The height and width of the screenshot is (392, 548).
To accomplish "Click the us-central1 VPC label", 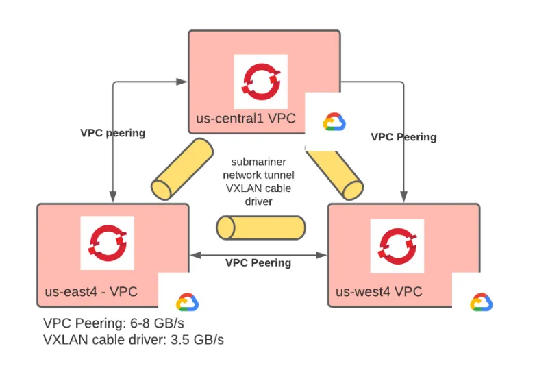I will click(x=246, y=118).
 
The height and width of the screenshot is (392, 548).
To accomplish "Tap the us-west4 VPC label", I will click(x=379, y=293).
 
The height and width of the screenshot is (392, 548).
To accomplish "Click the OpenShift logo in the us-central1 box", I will click(x=261, y=82).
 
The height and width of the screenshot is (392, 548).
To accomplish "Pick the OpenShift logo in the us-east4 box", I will click(x=107, y=243).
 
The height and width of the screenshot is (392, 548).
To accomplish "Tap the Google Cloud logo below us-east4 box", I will click(x=187, y=303).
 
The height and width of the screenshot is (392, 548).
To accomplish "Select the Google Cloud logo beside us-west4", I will click(x=482, y=302).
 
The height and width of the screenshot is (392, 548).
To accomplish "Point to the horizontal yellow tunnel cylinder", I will click(x=260, y=227).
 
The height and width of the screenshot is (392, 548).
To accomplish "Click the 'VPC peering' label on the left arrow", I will click(x=113, y=133).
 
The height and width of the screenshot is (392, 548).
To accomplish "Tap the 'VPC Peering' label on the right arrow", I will click(x=403, y=137).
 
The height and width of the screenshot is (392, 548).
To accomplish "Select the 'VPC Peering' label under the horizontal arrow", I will click(x=258, y=263).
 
